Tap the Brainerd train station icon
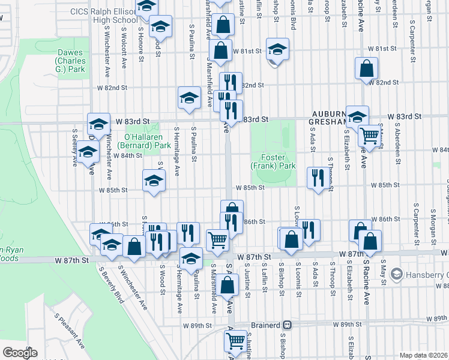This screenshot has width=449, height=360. (x=288, y=325)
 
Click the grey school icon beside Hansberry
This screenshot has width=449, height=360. (x=396, y=275)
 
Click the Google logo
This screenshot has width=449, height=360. (x=20, y=352)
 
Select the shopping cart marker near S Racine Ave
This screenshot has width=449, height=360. (x=370, y=136)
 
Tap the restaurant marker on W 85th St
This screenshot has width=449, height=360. (x=318, y=178)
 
